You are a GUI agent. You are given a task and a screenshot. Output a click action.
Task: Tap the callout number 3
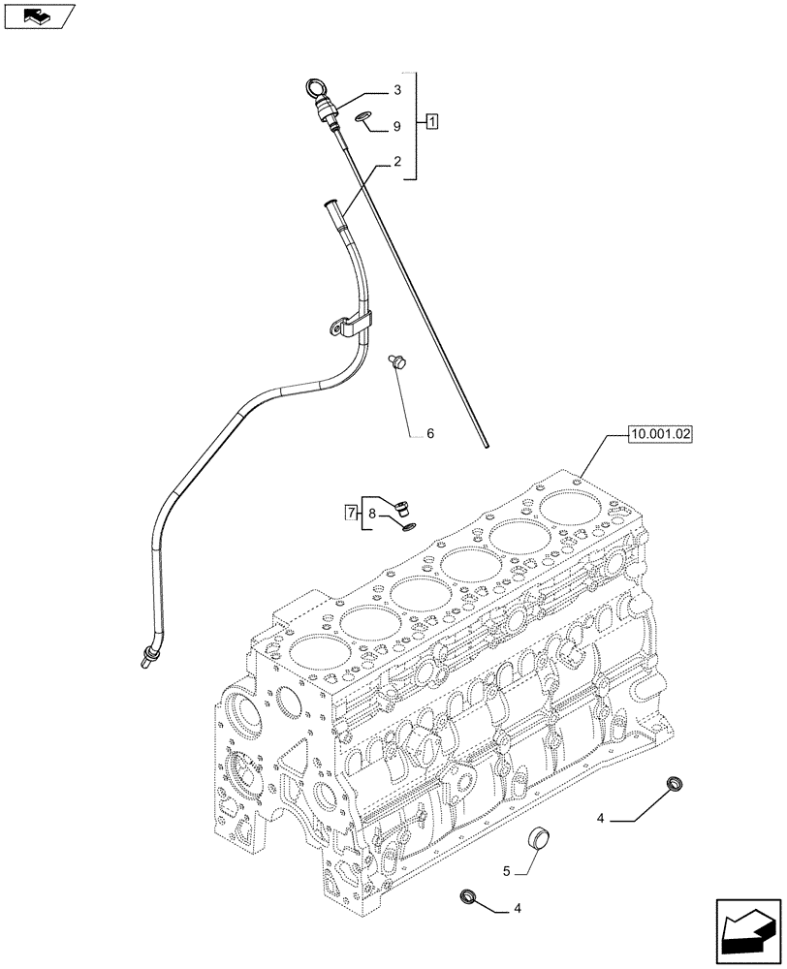click(x=397, y=90)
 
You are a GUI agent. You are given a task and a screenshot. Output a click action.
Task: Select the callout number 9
click(x=396, y=127)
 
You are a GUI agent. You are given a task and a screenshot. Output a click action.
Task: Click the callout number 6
click(x=429, y=433)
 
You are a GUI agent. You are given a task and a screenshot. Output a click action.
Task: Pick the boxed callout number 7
click(x=351, y=512)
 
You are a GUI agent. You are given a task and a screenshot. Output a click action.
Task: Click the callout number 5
click(x=506, y=871)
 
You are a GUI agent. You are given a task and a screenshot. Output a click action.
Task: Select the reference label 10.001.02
click(x=659, y=435)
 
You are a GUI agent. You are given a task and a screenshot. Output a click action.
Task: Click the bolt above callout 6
click(x=396, y=361)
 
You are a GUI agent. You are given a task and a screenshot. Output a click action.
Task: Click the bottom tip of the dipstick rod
click(x=487, y=447)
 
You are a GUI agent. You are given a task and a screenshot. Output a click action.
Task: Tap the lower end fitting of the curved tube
click(x=147, y=658)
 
